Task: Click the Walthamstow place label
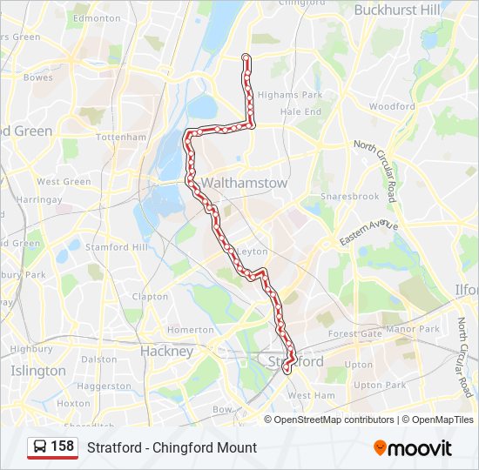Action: (x=232, y=184)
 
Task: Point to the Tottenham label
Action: (x=121, y=138)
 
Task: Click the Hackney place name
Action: (x=166, y=352)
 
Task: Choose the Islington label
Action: (x=37, y=371)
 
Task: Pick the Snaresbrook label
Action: (x=350, y=197)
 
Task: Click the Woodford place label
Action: (x=392, y=106)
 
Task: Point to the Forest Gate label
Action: (x=354, y=333)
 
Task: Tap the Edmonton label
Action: (x=97, y=18)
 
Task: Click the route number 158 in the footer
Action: (x=62, y=446)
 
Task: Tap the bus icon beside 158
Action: (x=40, y=446)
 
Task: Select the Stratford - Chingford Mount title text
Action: (x=172, y=447)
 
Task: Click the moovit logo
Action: (x=413, y=448)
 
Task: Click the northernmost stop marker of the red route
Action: (x=246, y=58)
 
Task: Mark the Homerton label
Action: (x=190, y=330)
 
